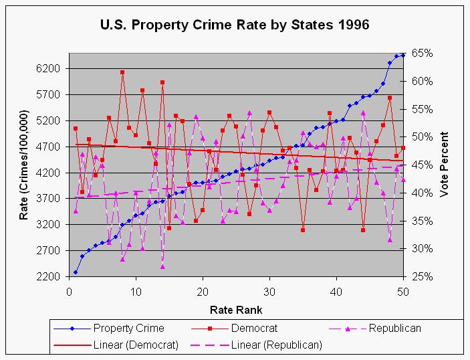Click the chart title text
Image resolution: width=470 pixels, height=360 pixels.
234,25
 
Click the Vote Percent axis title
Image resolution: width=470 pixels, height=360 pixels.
444,165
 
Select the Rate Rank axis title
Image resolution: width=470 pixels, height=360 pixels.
235,310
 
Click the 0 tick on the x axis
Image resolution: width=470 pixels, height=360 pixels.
69,292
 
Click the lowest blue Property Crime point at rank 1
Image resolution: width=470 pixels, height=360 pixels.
76,272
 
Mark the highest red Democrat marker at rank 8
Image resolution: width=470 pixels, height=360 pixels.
122,72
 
